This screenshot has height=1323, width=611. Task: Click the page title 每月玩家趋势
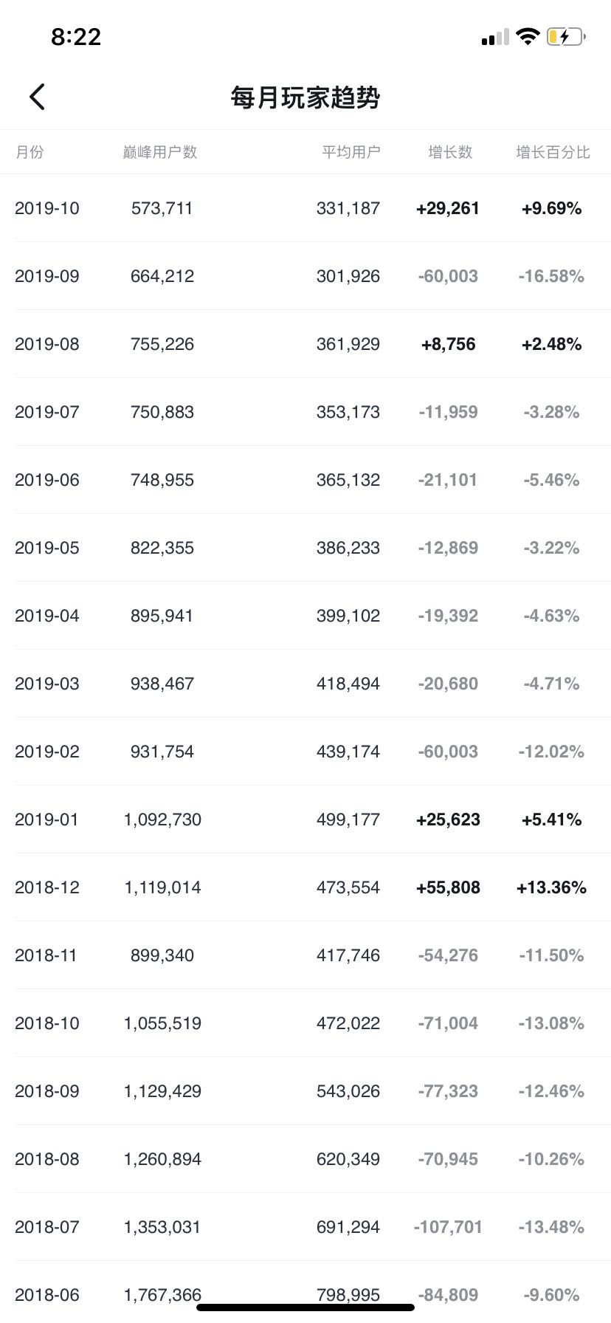[305, 97]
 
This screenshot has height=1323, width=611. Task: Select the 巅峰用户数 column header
[160, 152]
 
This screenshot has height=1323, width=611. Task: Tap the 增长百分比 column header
[553, 152]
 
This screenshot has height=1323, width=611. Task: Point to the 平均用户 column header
[351, 152]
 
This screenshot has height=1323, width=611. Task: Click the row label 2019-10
[47, 208]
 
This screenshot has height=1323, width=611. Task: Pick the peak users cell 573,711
[162, 208]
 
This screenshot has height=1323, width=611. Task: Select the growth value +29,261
[448, 208]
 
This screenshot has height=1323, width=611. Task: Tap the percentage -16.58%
[551, 276]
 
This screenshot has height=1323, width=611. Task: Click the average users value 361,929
[348, 344]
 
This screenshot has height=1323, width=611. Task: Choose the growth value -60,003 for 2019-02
[448, 752]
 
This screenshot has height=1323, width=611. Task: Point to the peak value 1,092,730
[162, 819]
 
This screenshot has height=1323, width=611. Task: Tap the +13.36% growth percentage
[551, 887]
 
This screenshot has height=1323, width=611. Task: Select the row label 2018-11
[46, 955]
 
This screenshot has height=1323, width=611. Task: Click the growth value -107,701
[448, 1227]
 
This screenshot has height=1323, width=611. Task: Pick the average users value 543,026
[348, 1091]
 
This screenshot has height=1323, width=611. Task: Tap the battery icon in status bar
[566, 36]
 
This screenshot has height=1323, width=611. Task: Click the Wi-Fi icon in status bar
[528, 36]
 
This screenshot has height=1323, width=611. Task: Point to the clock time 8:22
[76, 37]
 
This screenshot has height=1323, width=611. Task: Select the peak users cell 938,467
[162, 684]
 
